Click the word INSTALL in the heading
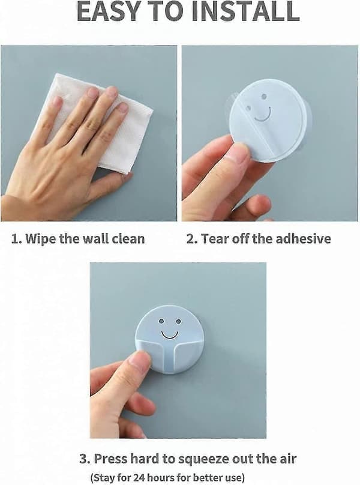pyautogui.click(x=245, y=11)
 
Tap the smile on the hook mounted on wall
pyautogui.click(x=170, y=335)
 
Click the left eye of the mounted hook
pyautogui.click(x=161, y=322)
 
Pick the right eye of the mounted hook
pyautogui.click(x=178, y=322)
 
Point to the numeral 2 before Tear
pyautogui.click(x=190, y=239)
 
